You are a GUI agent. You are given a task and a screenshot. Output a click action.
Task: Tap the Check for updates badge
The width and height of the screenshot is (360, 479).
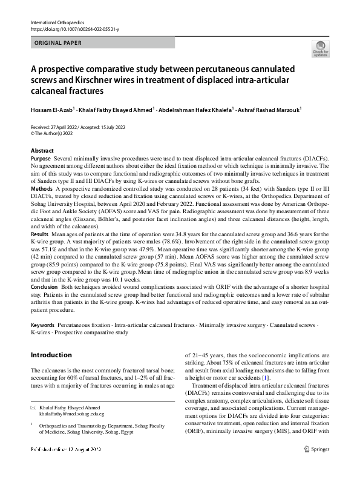click(x=320, y=49)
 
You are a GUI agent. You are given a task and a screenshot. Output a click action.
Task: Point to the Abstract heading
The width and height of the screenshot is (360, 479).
click(x=44, y=150)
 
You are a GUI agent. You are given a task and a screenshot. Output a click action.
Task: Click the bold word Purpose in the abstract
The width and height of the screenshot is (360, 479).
click(x=41, y=157)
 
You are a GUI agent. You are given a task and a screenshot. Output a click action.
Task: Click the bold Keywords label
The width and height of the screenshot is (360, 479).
click(x=42, y=325)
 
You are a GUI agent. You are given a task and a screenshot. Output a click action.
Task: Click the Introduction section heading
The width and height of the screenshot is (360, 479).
click(x=51, y=355)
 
